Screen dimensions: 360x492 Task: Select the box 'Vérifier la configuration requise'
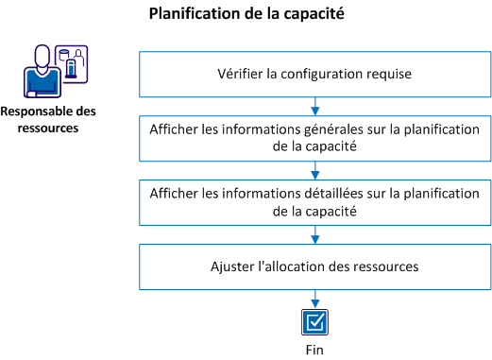(313, 73)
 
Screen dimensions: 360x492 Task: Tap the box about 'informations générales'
(313, 137)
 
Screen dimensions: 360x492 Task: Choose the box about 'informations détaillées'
(313, 201)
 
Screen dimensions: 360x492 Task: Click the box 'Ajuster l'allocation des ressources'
(313, 266)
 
